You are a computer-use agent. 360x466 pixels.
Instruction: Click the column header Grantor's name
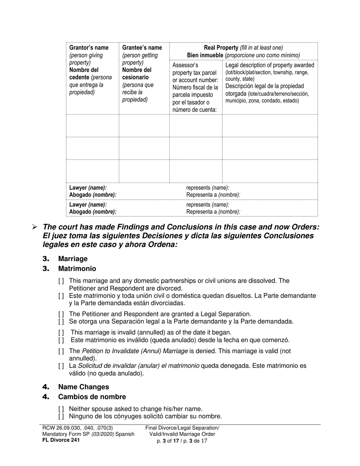[x=89, y=48]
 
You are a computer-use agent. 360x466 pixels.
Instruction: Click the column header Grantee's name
[x=142, y=48]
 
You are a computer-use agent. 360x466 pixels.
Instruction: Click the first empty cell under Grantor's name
[x=92, y=125]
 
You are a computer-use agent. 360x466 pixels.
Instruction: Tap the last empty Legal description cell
[x=269, y=171]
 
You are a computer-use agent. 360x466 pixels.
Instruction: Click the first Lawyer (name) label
[x=88, y=188]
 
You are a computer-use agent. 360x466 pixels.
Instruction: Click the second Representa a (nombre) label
[x=213, y=212]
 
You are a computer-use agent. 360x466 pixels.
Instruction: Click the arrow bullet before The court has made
[x=34, y=227]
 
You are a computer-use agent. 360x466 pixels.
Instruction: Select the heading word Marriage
[x=73, y=259]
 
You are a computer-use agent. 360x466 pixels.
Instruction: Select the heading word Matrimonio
[x=77, y=269]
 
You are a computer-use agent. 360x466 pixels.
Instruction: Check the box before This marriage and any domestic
[x=61, y=281]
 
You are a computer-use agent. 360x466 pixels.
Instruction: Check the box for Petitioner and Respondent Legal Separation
[x=61, y=314]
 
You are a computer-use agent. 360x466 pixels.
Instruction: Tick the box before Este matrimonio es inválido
[x=61, y=340]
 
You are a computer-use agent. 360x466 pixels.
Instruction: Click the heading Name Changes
[x=83, y=387]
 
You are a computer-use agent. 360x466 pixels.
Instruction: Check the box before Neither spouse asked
[x=61, y=409]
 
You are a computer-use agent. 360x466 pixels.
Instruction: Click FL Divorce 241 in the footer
[x=61, y=440]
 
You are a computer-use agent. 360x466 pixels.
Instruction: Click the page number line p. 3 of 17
[x=182, y=441]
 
